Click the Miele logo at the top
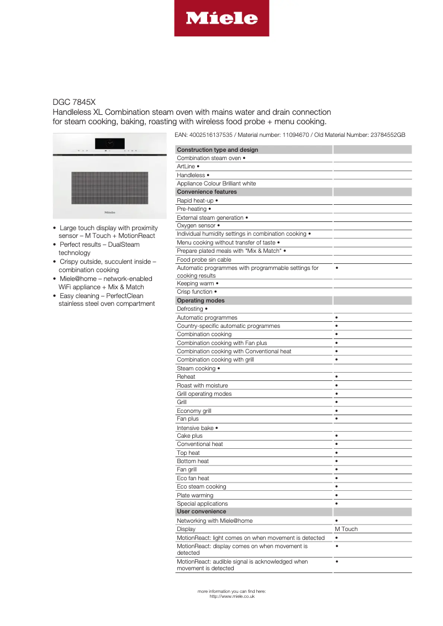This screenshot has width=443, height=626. point(221,18)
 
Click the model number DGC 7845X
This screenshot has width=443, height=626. point(74,102)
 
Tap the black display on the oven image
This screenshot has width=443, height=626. point(109,144)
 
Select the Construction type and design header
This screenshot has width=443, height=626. point(217,150)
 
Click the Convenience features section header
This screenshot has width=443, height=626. point(207,192)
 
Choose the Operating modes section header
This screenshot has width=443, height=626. point(200,300)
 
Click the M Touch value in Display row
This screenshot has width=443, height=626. point(346,529)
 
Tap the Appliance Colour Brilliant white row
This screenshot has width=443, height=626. point(216,183)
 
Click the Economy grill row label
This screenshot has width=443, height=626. point(194,411)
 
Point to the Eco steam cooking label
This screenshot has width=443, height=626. point(201,486)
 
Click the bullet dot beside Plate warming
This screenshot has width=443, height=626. point(336,495)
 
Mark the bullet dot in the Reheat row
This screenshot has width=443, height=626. point(336,376)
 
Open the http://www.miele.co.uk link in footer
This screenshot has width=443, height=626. point(232,596)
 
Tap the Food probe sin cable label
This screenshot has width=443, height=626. point(204,259)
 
